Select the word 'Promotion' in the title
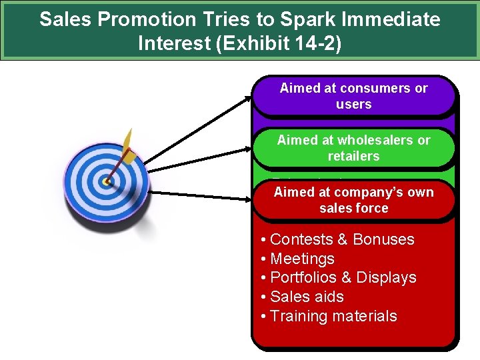139,19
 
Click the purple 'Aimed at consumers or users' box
353,96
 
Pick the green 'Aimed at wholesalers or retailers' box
353,148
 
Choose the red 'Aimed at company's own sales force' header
353,200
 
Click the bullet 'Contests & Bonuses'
341,239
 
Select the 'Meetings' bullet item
301,259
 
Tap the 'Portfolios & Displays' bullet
343,277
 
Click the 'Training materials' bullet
333,316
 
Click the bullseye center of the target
106,181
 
